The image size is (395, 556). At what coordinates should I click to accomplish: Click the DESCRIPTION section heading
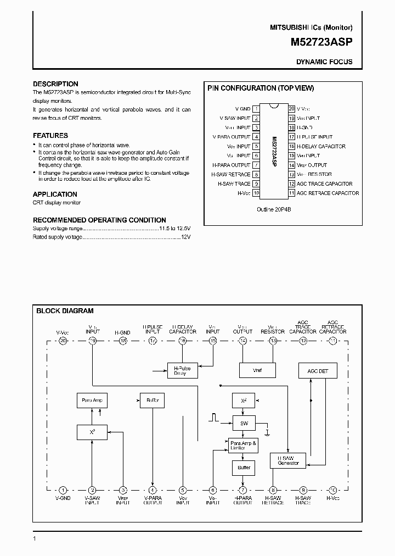(55, 84)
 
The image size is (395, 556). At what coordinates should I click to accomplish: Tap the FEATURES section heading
(50, 135)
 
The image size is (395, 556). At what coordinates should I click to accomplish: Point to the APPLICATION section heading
(55, 194)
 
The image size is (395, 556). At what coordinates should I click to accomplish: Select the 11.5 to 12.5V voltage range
(174, 227)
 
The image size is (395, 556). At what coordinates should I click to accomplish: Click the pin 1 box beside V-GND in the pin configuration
(256, 109)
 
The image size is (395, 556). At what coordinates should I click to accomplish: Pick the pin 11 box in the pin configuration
(291, 193)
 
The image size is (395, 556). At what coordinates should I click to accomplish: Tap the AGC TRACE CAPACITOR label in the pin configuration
(324, 184)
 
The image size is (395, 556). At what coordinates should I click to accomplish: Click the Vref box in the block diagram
(257, 371)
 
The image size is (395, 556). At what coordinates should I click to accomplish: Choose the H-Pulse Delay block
(180, 371)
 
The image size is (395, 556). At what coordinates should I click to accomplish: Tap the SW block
(244, 423)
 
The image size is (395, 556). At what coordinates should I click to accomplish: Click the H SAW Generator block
(288, 460)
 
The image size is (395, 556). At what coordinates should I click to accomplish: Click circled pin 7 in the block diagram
(242, 490)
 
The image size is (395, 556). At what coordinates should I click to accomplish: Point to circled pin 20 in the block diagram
(63, 341)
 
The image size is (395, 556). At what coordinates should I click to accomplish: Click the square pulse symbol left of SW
(214, 418)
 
